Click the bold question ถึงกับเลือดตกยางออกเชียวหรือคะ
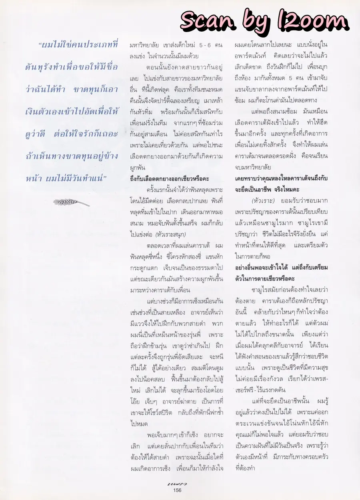pyautogui.click(x=170, y=178)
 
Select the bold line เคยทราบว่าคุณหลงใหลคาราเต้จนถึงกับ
pyautogui.click(x=281, y=178)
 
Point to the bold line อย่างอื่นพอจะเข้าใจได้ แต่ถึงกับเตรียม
pyautogui.click(x=281, y=267)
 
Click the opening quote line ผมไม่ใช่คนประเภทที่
pyautogui.click(x=78, y=45)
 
